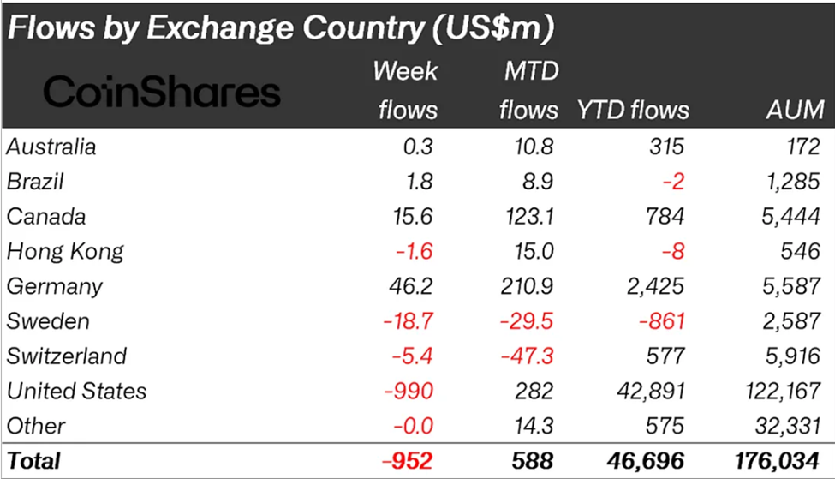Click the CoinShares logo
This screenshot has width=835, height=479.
coord(162,91)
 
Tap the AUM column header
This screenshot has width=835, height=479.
coord(795,110)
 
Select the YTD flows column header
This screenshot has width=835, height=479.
coord(633,110)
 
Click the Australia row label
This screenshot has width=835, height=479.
coord(51,147)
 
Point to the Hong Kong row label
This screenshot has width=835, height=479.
coord(65,252)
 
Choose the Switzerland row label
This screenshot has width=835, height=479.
coord(67,356)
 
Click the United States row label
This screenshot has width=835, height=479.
coord(77,392)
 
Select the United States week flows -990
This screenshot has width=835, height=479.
coord(407,392)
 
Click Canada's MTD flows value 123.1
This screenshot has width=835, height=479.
coord(529,217)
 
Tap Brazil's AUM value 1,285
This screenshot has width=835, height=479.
coord(794,182)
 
